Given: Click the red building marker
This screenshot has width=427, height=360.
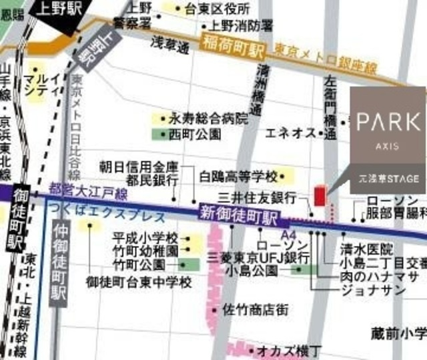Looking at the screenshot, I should pyautogui.click(x=319, y=197).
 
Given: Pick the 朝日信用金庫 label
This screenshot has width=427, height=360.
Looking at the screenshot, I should pyautogui.click(x=139, y=166).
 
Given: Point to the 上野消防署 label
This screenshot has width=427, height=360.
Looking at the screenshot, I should pyautogui.click(x=242, y=25).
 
